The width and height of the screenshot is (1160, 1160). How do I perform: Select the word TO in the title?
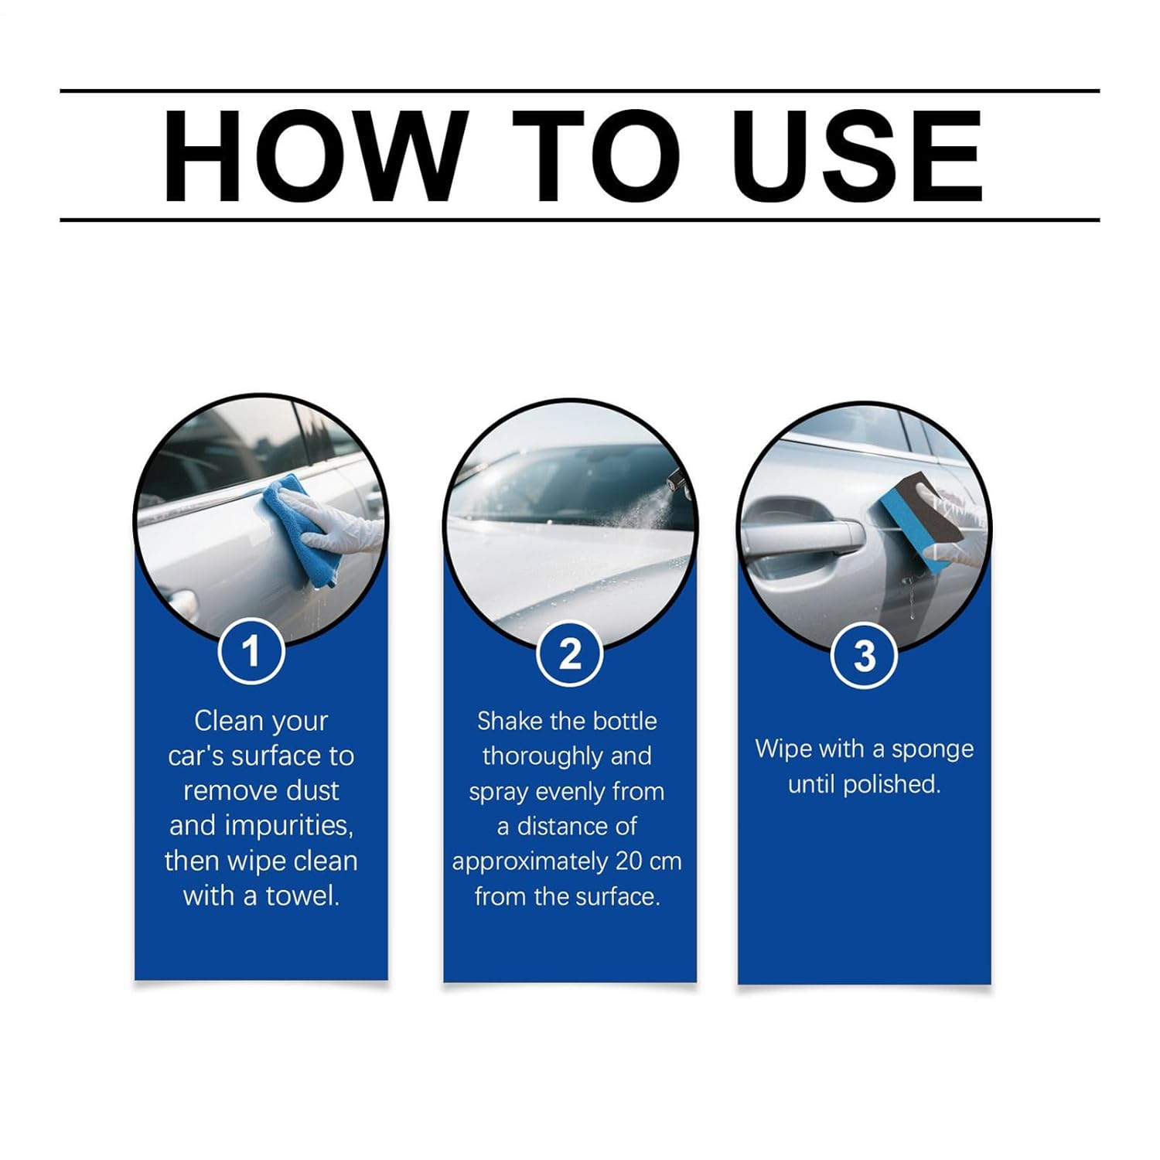[596, 155]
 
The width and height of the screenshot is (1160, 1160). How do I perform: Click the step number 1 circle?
[251, 651]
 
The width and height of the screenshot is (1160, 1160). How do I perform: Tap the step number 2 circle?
[570, 654]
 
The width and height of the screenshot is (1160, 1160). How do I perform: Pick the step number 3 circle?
[864, 656]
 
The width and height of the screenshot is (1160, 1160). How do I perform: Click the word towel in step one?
[302, 896]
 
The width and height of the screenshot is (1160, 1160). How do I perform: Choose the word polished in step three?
[891, 784]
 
